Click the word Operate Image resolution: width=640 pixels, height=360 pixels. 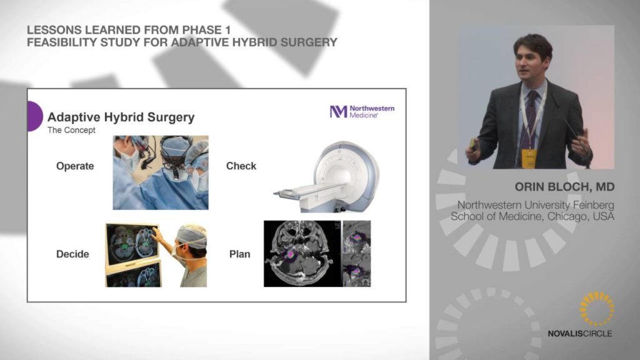click(75, 166)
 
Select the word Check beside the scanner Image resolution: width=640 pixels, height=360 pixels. click(241, 166)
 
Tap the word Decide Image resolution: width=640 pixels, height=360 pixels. click(72, 254)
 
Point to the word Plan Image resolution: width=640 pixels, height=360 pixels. click(239, 254)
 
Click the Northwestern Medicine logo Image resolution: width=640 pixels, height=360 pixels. click(362, 111)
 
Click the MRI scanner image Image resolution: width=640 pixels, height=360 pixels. click(327, 176)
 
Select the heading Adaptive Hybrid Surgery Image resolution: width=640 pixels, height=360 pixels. click(121, 117)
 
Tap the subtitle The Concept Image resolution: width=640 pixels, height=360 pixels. click(71, 130)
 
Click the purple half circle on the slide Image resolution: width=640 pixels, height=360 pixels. click(35, 116)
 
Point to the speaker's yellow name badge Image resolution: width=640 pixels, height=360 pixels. click(529, 158)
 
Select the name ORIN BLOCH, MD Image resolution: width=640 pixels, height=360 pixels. click(564, 187)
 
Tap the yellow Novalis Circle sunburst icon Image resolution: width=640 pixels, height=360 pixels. click(597, 309)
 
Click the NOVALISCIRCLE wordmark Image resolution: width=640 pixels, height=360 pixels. click(579, 334)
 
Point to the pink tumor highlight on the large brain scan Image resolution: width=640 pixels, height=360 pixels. click(290, 254)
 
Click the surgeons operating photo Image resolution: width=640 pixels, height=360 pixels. click(161, 172)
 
